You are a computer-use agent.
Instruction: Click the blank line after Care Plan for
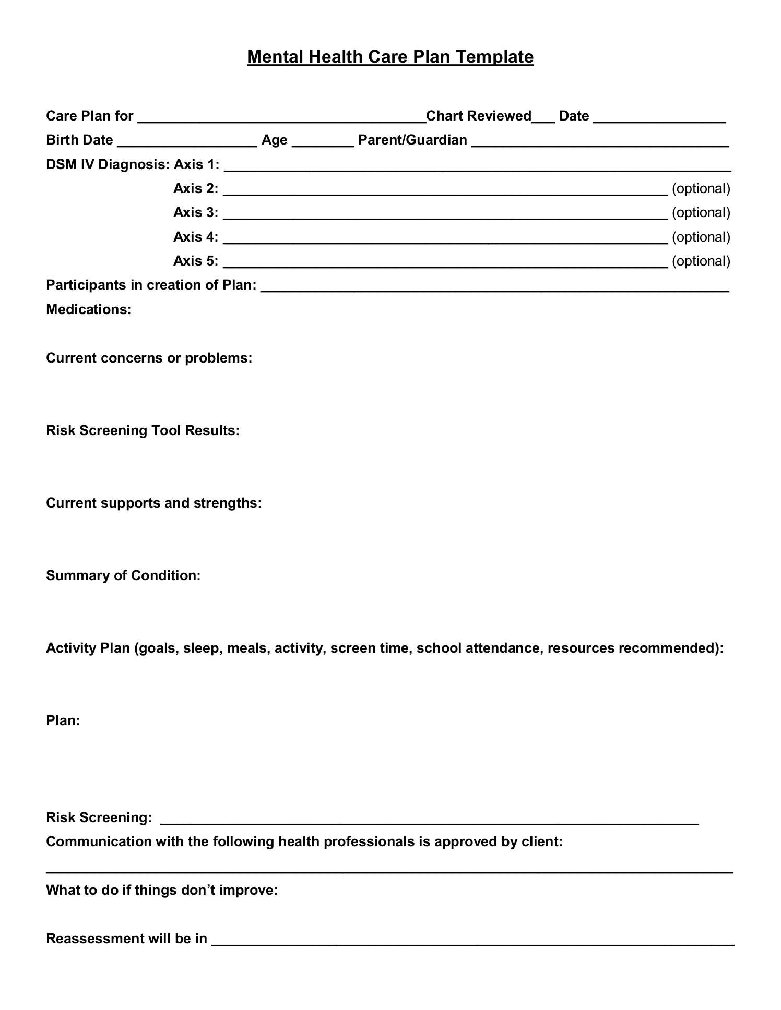coord(282,119)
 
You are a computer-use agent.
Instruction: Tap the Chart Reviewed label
coord(479,116)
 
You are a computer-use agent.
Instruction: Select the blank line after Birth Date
coord(187,143)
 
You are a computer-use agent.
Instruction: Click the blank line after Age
coord(323,143)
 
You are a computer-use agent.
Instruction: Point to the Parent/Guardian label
coord(412,140)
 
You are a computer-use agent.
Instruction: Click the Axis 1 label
coord(196,164)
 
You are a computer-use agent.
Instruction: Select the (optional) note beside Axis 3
coord(701,212)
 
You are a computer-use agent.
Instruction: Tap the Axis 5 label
coord(196,261)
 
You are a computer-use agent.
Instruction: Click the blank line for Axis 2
coord(445,191)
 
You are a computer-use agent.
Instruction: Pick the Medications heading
coord(88,309)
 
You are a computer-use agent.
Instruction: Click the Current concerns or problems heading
coord(149,358)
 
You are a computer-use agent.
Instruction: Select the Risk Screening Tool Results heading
coord(143,430)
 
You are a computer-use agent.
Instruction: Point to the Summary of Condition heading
coord(123,575)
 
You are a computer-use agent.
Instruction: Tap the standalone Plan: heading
coord(63,720)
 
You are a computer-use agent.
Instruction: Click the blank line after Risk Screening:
coord(429,821)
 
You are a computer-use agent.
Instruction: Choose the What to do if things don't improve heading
coord(162,890)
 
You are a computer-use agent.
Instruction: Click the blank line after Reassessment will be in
coord(472,942)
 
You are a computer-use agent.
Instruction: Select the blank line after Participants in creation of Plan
coord(494,288)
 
